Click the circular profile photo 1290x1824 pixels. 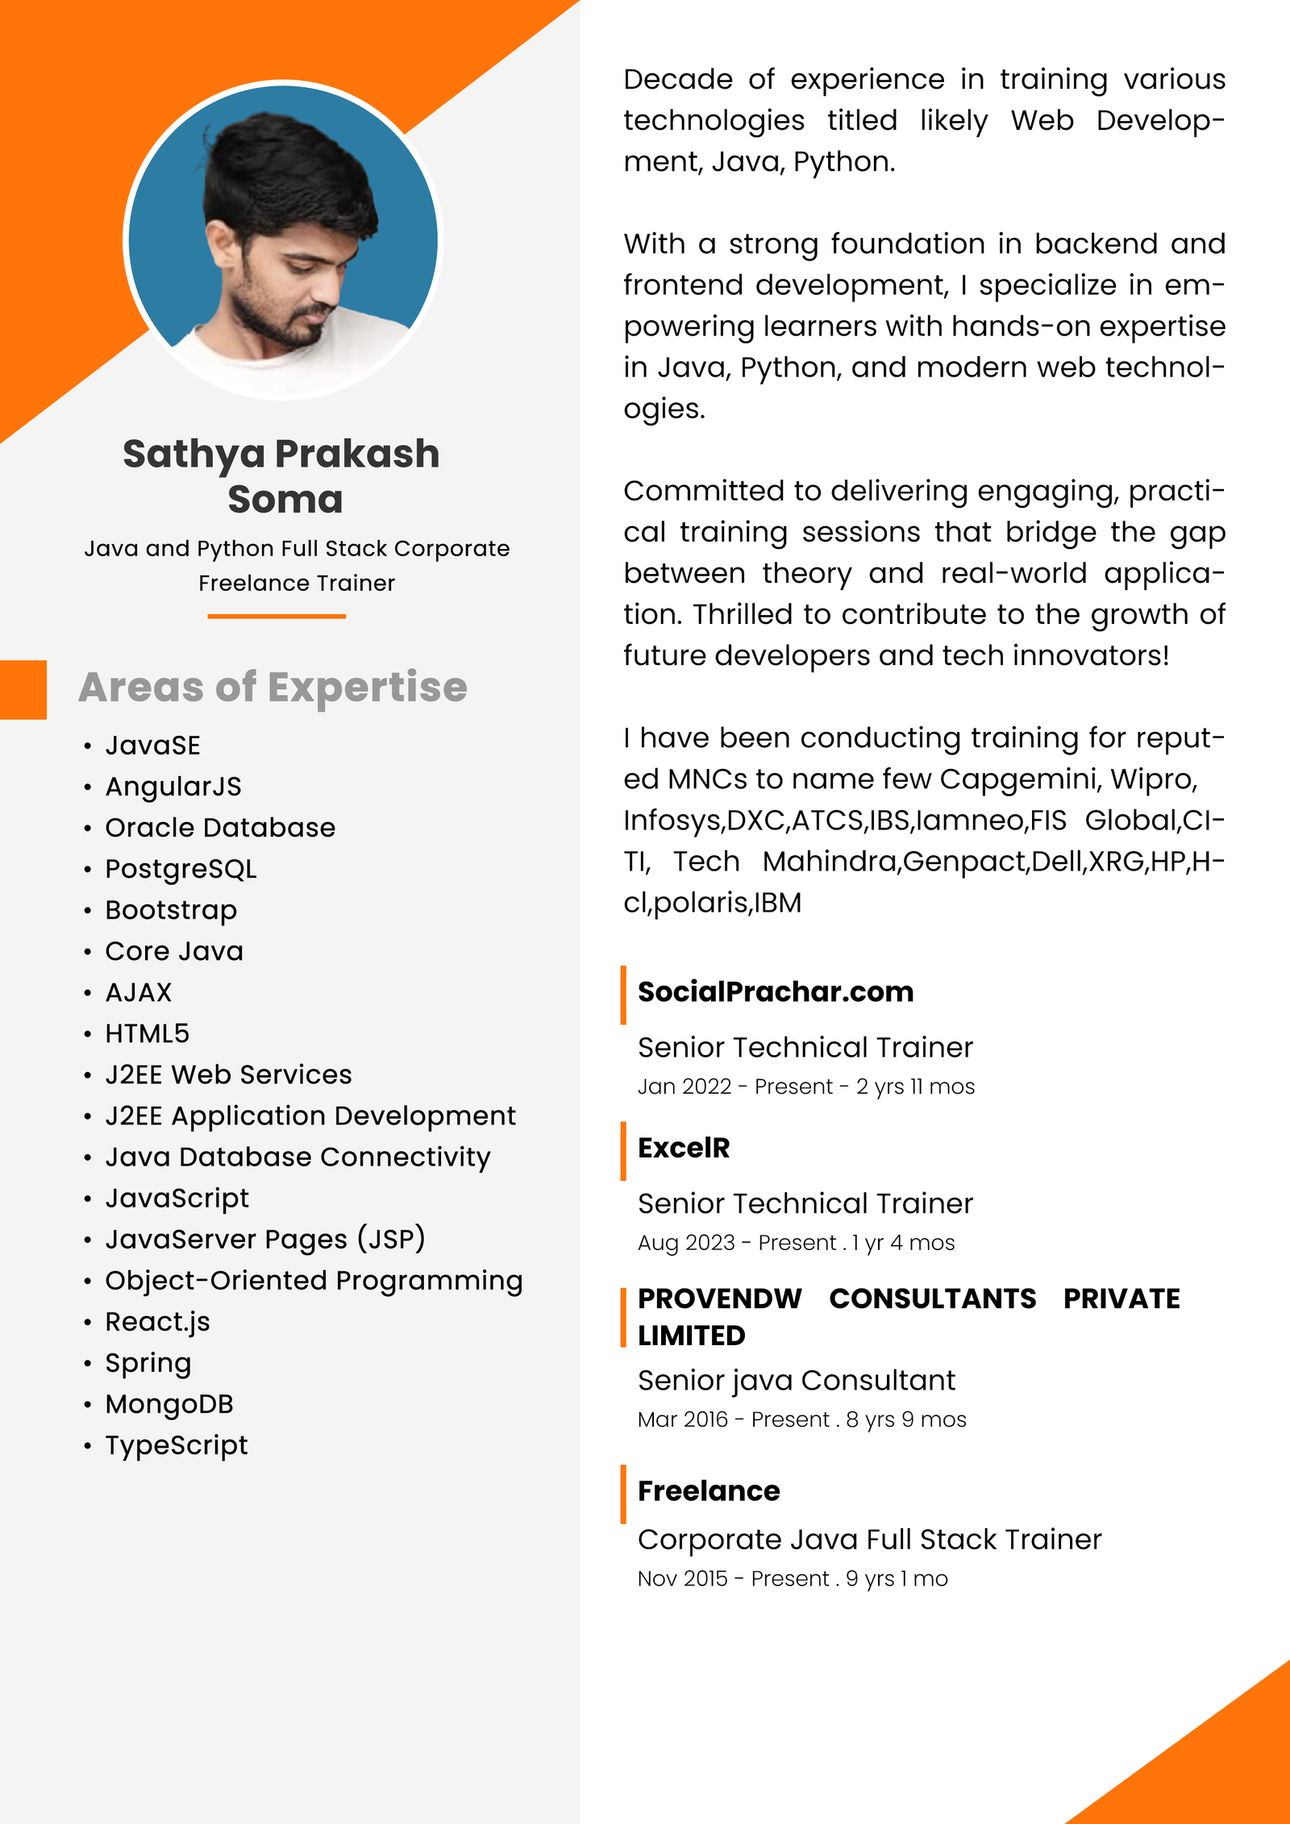coord(283,239)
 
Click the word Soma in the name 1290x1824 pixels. coord(285,499)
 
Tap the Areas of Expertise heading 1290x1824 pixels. coord(273,687)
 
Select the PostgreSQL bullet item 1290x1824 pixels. coord(181,869)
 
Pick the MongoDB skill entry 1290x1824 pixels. coord(169,1404)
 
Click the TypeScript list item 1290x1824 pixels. coord(177,1445)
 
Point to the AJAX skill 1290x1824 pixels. coord(139,992)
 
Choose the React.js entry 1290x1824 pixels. coord(157,1322)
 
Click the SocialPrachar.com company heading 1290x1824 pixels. coord(776,991)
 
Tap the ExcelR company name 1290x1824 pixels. coord(684,1148)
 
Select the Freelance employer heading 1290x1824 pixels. coord(709,1491)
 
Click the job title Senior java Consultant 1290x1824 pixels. coord(796,1381)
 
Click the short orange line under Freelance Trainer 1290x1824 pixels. coord(277,617)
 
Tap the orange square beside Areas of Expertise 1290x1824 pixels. coord(23,689)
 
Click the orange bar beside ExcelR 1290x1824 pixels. coord(623,1151)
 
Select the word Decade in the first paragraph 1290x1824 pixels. coord(678,80)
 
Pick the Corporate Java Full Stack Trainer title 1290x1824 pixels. coord(869,1539)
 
